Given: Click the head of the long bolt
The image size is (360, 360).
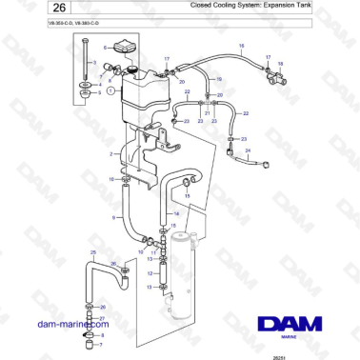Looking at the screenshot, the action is (x=87, y=43).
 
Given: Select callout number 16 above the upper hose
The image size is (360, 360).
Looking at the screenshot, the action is (x=241, y=46).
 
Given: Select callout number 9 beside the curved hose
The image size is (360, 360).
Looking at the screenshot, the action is (x=114, y=218).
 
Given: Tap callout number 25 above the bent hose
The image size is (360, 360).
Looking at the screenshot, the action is (x=92, y=251).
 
